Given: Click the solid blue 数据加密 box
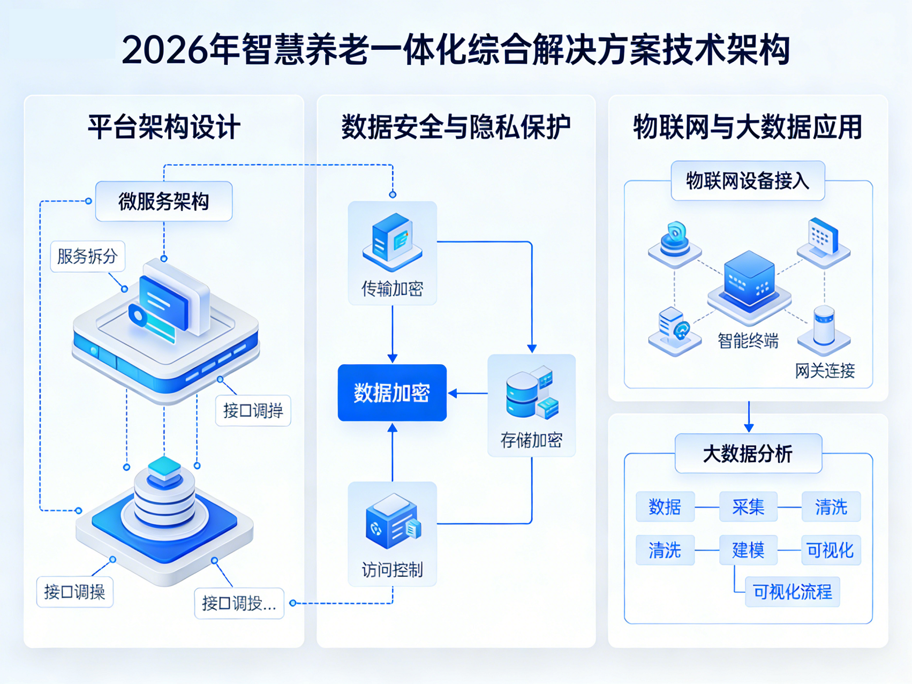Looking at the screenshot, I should click(x=392, y=393).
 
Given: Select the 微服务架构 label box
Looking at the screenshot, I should click(x=164, y=201).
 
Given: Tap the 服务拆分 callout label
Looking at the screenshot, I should click(x=87, y=257).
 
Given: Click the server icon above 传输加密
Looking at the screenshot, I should click(x=393, y=241).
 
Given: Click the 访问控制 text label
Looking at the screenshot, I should click(x=393, y=570).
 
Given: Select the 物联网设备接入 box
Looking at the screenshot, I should click(x=748, y=181).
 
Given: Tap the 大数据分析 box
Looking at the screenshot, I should click(x=748, y=454).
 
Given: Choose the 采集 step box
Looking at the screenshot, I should click(x=748, y=507).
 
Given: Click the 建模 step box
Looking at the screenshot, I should click(x=748, y=550).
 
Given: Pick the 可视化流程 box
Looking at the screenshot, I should click(x=792, y=592).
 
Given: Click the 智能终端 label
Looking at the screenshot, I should click(x=748, y=341).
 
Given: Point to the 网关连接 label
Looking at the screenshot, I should click(x=825, y=371).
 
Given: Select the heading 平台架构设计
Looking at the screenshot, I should click(x=164, y=127).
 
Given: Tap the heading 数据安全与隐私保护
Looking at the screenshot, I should click(x=456, y=127).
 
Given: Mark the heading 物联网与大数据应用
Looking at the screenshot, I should click(x=748, y=127).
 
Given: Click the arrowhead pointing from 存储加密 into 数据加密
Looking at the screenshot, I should click(x=453, y=394).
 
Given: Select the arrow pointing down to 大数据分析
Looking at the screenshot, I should click(x=749, y=427).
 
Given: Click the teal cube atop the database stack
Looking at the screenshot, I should click(x=164, y=468).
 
